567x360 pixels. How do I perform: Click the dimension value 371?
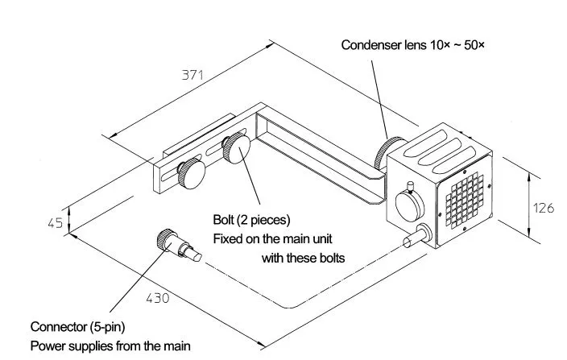[x=192, y=75]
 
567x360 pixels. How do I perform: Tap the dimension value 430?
[x=158, y=298]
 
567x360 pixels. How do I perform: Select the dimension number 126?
[x=544, y=208]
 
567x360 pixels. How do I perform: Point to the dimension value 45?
[x=56, y=223]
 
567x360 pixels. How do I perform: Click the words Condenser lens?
[x=384, y=45]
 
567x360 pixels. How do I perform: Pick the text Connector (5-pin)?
[x=78, y=327]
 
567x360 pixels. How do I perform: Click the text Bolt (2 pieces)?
[x=251, y=219]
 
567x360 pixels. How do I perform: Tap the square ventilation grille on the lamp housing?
[x=464, y=201]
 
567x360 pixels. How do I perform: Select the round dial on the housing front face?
[x=409, y=206]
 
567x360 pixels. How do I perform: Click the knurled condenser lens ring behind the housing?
[x=387, y=152]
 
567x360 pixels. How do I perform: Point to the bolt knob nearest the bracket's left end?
[x=191, y=174]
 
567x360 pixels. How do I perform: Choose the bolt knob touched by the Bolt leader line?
[x=236, y=148]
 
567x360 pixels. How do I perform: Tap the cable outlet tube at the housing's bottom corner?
[x=416, y=236]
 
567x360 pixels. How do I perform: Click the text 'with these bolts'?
[x=303, y=258]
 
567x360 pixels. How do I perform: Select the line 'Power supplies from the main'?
[x=110, y=346]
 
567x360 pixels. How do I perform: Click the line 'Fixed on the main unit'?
[x=272, y=239]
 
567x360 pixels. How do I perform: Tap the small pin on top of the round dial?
[x=410, y=187]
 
